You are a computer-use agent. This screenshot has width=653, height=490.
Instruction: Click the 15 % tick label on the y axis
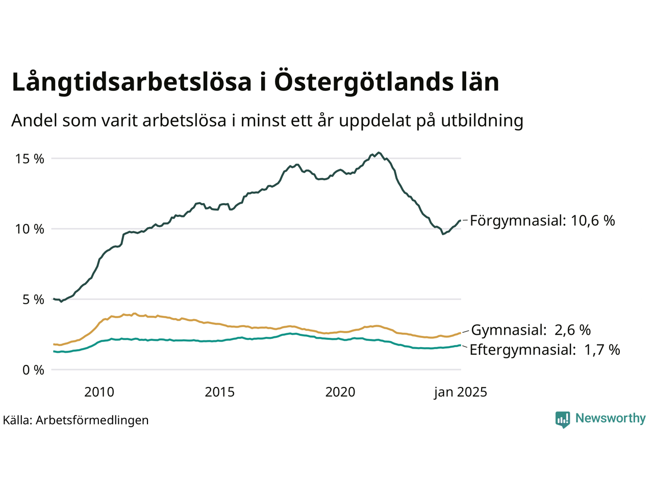coord(30,159)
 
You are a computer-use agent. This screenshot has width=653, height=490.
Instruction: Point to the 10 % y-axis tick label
coord(30,229)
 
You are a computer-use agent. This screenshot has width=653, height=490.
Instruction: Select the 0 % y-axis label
coord(33,370)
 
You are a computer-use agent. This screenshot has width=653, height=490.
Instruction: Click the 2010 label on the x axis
coord(99,392)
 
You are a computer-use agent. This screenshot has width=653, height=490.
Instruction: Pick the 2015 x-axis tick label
coord(220,392)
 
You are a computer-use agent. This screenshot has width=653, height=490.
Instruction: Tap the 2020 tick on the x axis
coord(340,392)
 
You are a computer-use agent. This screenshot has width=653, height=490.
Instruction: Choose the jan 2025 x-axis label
coord(461,392)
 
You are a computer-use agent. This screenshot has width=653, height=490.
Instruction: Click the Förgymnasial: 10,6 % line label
coord(542,220)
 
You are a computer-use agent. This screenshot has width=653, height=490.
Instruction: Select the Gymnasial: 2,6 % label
coord(531,330)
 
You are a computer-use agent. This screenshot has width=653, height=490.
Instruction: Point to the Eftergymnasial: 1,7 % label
coord(545,350)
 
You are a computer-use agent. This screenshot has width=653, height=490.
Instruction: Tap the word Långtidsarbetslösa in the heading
coord(132,83)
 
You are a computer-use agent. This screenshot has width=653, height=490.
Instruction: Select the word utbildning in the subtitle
coord(482,120)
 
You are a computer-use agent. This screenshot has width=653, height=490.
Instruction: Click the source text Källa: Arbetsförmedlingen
coord(76,420)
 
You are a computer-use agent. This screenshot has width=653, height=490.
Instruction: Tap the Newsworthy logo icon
coord(563,420)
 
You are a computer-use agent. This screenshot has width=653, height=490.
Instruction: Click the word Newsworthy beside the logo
coord(610,419)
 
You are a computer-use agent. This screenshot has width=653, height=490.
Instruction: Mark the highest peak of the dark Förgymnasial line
coord(378,152)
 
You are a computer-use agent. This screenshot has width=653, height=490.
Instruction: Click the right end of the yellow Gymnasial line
coord(460,333)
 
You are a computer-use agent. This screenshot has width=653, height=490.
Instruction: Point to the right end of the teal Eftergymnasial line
coord(460,345)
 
